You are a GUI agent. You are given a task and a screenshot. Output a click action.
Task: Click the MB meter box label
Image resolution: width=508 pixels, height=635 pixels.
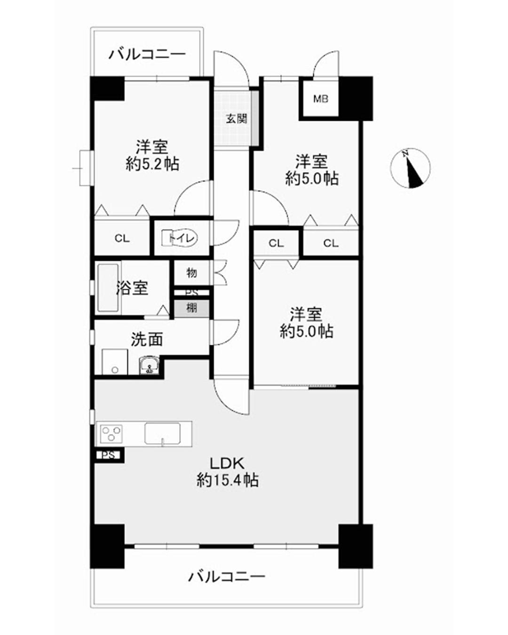(x=321, y=99)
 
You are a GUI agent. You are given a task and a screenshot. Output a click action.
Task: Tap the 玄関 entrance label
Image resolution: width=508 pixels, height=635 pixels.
(x=237, y=119)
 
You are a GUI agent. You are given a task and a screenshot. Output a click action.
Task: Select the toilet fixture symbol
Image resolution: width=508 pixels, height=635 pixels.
(x=179, y=238)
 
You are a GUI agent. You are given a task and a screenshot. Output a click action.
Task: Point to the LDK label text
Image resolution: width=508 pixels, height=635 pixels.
(x=227, y=463)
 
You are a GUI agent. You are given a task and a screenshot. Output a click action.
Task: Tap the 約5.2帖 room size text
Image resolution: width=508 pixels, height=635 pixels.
(x=152, y=164)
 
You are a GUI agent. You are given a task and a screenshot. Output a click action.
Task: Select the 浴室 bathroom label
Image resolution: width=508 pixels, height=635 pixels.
(x=132, y=288)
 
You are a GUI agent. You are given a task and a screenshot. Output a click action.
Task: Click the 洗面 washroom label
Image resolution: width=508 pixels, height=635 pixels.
(x=147, y=339)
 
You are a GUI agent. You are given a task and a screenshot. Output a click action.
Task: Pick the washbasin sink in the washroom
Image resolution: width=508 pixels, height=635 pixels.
(x=149, y=365)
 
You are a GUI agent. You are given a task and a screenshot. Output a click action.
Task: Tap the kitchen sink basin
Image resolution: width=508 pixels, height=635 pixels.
(x=162, y=433)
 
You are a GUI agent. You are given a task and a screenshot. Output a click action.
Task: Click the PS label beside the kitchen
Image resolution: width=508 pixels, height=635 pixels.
(x=108, y=455)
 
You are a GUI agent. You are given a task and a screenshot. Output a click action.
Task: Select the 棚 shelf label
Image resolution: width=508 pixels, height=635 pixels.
(x=191, y=309)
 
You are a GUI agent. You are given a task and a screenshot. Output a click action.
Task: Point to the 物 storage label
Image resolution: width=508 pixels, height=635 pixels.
(x=191, y=273)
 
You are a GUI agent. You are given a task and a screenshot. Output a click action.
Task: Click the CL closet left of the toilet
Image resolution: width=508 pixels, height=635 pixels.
(x=122, y=238)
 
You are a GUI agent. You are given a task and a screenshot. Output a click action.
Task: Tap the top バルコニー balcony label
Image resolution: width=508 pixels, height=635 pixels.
(x=147, y=55)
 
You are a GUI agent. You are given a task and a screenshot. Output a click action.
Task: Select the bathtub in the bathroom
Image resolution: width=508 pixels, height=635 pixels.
(x=108, y=288)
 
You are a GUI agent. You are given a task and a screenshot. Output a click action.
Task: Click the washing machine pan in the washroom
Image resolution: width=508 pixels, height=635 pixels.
(x=114, y=362)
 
